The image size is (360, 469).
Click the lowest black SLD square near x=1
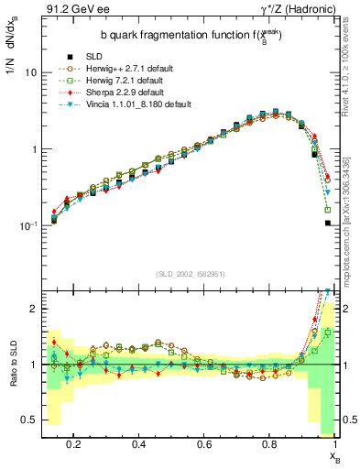[x=328, y=222]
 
